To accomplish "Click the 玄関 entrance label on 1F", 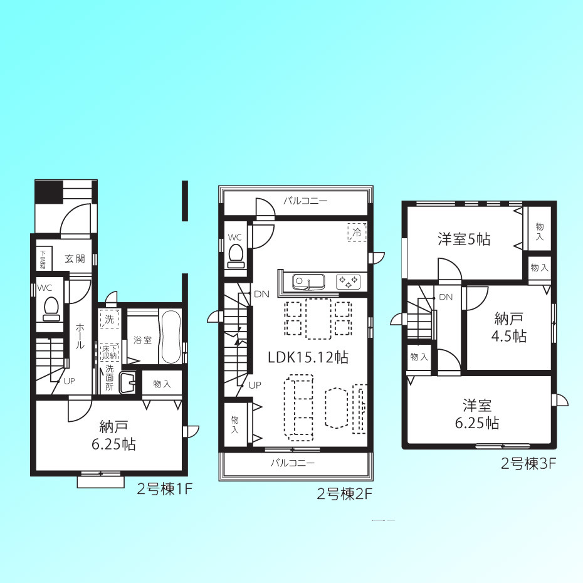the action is pos(75,259).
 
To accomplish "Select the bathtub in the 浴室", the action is pos(171,337).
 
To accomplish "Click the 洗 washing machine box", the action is pos(109,318).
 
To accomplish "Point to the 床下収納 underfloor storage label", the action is pos(109,352).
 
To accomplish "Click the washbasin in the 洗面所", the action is pos(127,382).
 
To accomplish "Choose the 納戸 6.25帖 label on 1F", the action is pos(113,436).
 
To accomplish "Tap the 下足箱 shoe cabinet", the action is pos(43,259).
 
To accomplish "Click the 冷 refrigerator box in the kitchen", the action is pos(357,233).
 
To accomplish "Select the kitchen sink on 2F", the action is pos(308,282).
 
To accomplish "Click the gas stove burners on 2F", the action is pos(349,282).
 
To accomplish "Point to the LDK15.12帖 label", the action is pos(308,357).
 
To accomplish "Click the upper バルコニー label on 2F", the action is pos(305,201).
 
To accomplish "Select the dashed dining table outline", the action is pos(318,318).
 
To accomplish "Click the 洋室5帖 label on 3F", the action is pos(464,239).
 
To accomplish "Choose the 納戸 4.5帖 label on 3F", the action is pos(508,328).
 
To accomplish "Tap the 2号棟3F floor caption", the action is pos(528,464).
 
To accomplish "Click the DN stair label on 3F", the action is pos(446,297).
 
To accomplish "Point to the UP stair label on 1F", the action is pos(69,381).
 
